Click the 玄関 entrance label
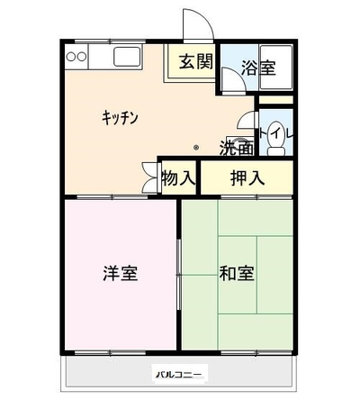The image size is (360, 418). tap(196, 61)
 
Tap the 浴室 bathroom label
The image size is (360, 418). tap(258, 68)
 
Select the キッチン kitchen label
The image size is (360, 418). tap(121, 117)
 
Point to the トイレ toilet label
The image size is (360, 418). tap(276, 134)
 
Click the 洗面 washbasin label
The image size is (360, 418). tap(237, 148)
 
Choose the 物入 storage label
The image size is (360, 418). tap(179, 178)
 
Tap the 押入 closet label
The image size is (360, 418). tap(247, 178)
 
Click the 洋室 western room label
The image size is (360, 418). tap(121, 273)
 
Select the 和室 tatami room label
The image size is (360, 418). tap(237, 273)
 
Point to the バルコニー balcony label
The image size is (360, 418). tap(179, 375)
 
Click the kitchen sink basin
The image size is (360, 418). tap(127, 57)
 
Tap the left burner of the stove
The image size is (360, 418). tap(70, 57)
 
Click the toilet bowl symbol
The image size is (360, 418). tap(276, 138)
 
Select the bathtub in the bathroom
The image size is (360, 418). tap(276, 67)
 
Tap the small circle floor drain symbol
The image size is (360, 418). tap(196, 148)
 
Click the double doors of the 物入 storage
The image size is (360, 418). tap(150, 177)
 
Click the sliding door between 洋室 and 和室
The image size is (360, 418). tap(179, 275)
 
